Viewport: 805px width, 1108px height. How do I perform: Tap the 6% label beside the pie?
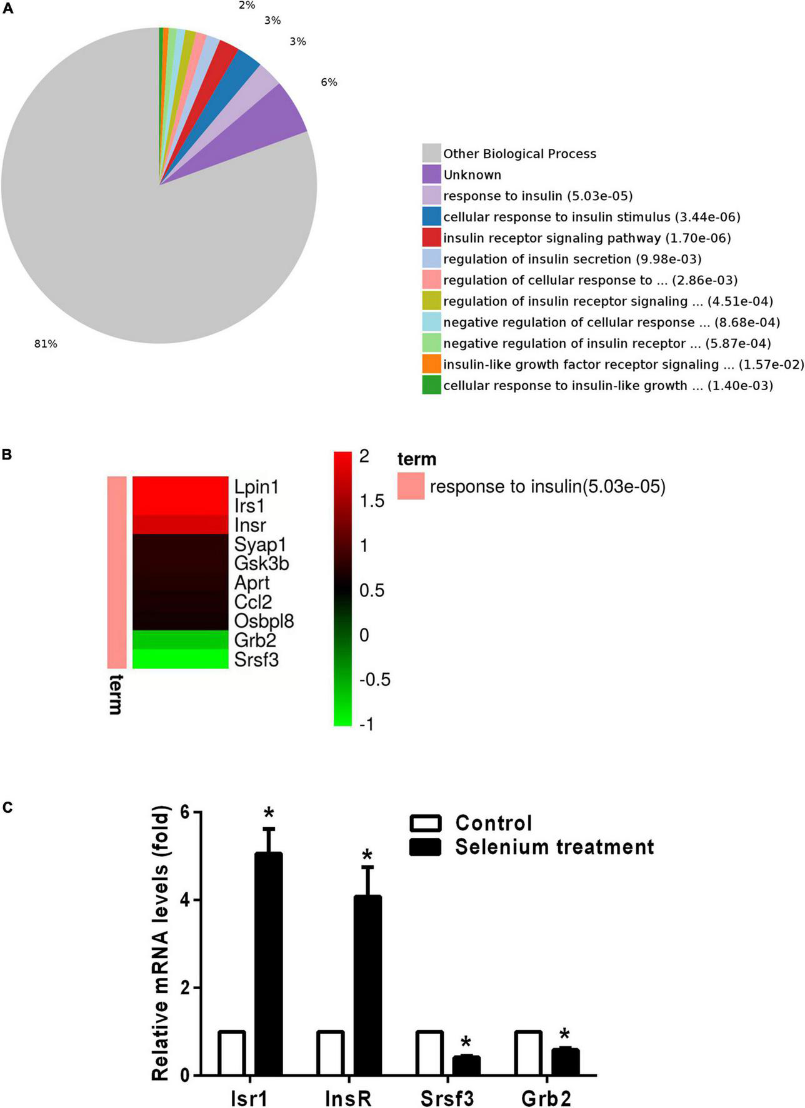pyautogui.click(x=329, y=83)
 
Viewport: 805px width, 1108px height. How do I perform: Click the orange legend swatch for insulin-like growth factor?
pyautogui.click(x=431, y=364)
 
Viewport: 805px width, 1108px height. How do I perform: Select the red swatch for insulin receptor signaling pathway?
pyautogui.click(x=431, y=238)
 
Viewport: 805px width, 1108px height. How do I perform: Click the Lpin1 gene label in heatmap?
pyautogui.click(x=256, y=486)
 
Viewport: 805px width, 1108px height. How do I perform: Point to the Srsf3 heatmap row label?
pyautogui.click(x=256, y=659)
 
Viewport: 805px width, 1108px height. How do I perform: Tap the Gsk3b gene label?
pyautogui.click(x=261, y=563)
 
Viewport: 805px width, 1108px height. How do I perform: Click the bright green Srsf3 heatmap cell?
pyautogui.click(x=180, y=659)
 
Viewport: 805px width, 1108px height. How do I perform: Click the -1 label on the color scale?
pyautogui.click(x=366, y=724)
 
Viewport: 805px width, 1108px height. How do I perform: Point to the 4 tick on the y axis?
pyautogui.click(x=185, y=900)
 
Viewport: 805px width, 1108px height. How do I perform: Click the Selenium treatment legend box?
pyautogui.click(x=425, y=847)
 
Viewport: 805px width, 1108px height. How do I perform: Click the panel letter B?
pyautogui.click(x=7, y=455)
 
